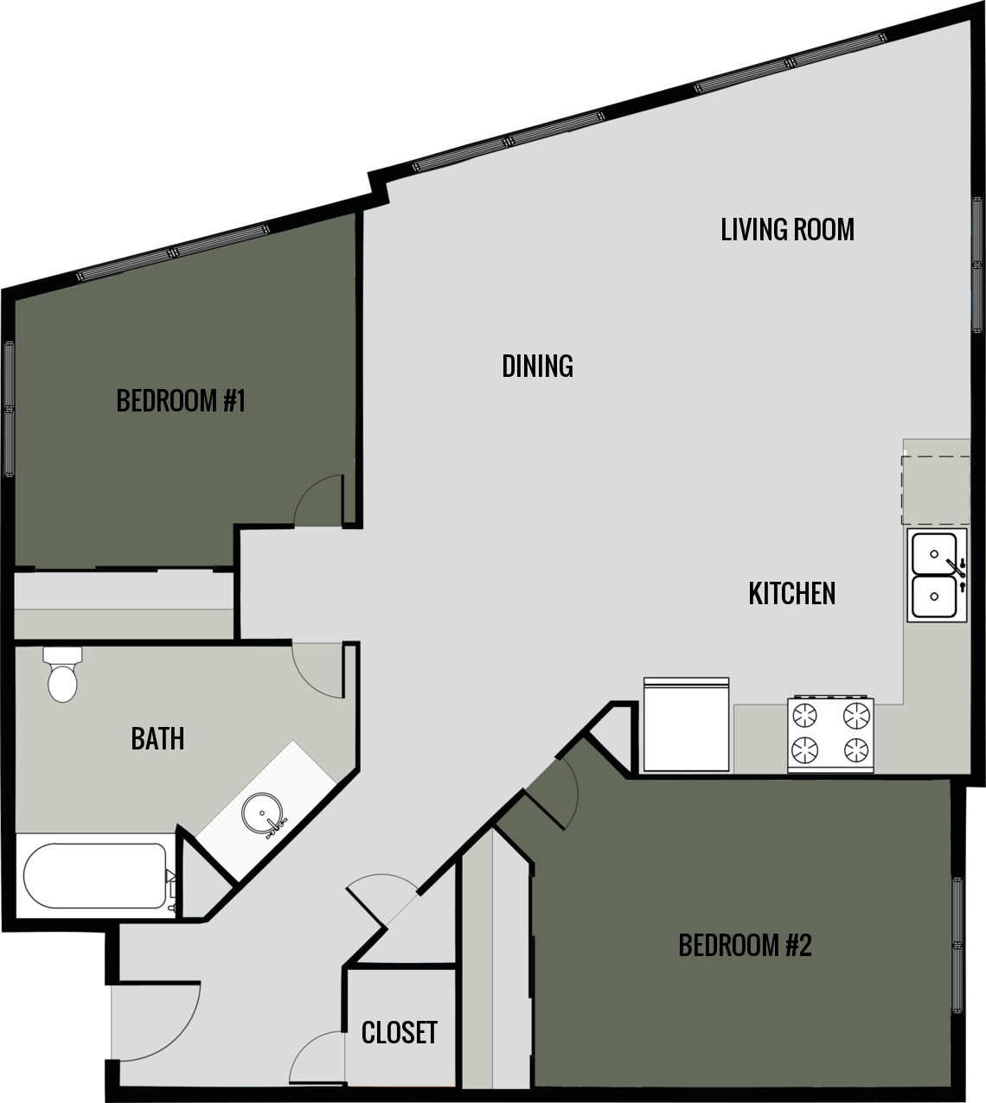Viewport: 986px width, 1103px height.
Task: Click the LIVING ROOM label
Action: pyautogui.click(x=787, y=230)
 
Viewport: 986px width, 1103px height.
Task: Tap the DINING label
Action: pyautogui.click(x=537, y=367)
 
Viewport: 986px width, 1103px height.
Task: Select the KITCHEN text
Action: pyautogui.click(x=791, y=594)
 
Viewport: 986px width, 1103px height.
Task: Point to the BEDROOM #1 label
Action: pyautogui.click(x=182, y=401)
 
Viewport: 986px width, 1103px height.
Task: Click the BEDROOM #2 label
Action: pyautogui.click(x=745, y=946)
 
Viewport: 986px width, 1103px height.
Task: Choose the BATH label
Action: pyautogui.click(x=157, y=739)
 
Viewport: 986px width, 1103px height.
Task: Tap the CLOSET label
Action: pyautogui.click(x=399, y=1032)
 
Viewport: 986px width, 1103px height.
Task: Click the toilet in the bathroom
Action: pyautogui.click(x=62, y=674)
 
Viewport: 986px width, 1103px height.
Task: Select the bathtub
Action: pyautogui.click(x=95, y=875)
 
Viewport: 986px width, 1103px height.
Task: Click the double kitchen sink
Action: pyautogui.click(x=936, y=575)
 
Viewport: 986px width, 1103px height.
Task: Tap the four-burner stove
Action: pyautogui.click(x=830, y=733)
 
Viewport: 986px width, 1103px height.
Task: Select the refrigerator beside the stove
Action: pyautogui.click(x=687, y=724)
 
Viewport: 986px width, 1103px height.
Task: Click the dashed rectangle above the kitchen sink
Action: pyautogui.click(x=936, y=489)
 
